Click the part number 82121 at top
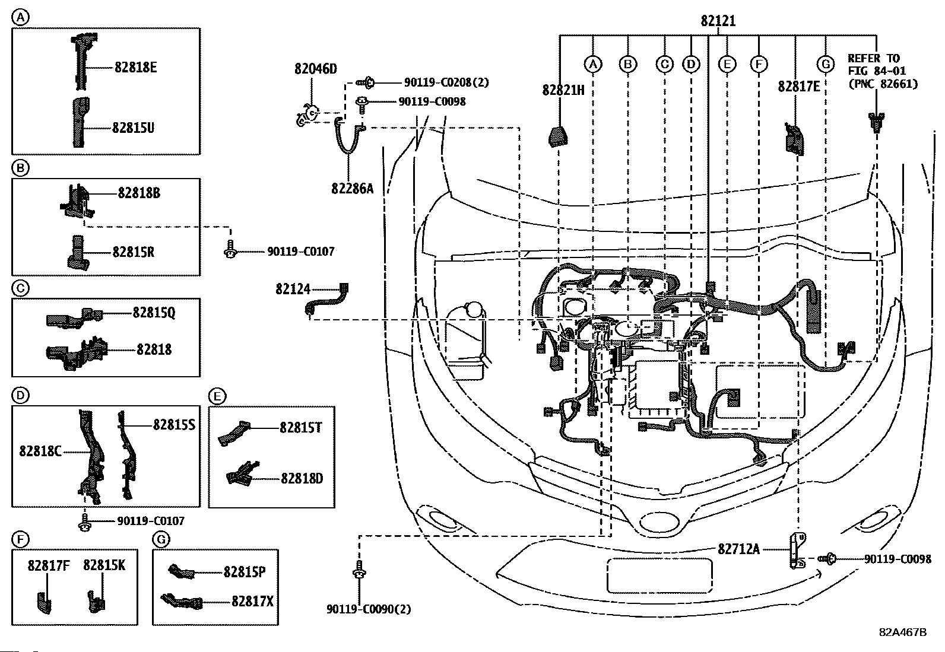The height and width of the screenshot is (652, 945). pos(718,21)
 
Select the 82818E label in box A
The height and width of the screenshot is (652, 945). pos(135,67)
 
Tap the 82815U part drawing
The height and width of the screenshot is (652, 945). pos(79,122)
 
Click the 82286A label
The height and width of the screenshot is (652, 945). pos(352,188)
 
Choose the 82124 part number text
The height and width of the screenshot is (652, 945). pos(293,289)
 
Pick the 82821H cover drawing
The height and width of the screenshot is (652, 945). pos(557,136)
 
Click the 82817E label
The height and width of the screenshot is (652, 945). pos(798,87)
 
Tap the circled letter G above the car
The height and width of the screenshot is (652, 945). pos(825,63)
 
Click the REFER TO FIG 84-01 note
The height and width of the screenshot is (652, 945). pos(882,71)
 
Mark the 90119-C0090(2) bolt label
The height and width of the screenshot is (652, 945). pos(368,609)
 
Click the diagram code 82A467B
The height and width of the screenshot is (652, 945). pos(903,632)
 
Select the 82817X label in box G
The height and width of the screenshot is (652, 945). pos(252,602)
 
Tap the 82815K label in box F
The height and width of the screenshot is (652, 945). pos(104,565)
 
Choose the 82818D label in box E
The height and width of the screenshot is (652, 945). pos(302,478)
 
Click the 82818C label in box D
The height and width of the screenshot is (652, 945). pos(40,451)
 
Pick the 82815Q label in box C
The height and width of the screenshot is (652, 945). pos(154,312)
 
